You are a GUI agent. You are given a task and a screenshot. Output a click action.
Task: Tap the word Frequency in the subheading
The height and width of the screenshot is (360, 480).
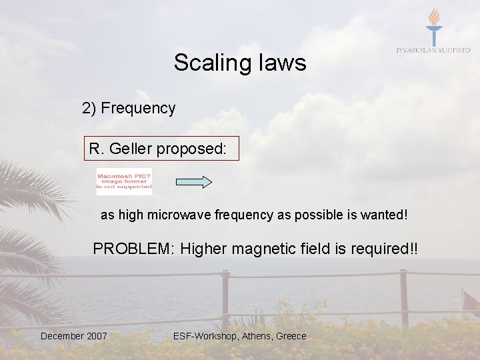pyautogui.click(x=138, y=108)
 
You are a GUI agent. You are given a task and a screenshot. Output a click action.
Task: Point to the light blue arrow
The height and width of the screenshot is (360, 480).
pyautogui.click(x=193, y=182)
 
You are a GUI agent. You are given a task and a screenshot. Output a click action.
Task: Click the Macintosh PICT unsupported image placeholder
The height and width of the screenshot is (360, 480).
pyautogui.click(x=124, y=181)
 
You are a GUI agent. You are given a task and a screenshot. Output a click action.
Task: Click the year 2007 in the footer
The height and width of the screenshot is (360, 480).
pyautogui.click(x=96, y=336)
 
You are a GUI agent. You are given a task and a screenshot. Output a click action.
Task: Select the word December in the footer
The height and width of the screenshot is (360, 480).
pyautogui.click(x=62, y=336)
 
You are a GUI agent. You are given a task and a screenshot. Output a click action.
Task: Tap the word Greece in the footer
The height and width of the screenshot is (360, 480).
pyautogui.click(x=291, y=336)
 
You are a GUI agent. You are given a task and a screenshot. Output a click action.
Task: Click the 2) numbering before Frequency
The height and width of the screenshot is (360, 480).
pyautogui.click(x=89, y=108)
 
